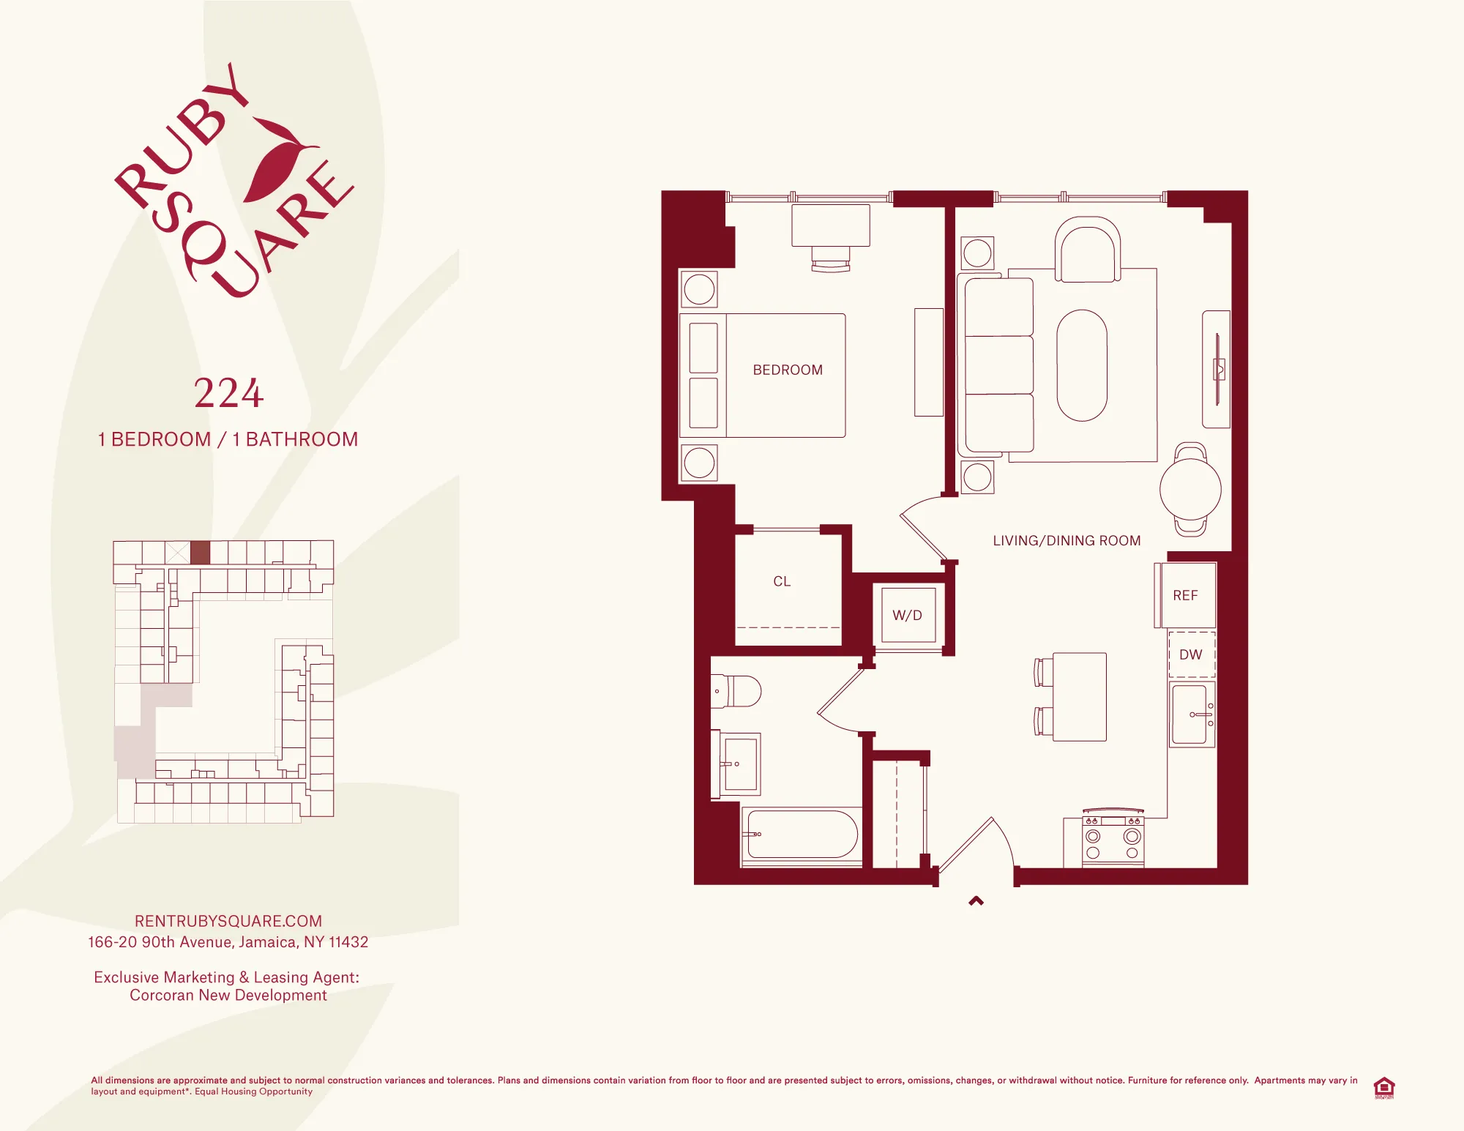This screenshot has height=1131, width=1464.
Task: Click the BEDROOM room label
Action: (788, 370)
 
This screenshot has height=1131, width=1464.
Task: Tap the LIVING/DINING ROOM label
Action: (1067, 540)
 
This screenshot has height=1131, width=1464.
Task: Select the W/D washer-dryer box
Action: (908, 616)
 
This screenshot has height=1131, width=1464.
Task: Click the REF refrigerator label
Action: (1185, 595)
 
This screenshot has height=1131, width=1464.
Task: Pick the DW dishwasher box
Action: (1191, 654)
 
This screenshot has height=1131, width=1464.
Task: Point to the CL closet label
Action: (782, 581)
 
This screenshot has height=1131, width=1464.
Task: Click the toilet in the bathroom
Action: (738, 691)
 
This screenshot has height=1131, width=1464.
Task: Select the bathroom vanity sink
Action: (740, 764)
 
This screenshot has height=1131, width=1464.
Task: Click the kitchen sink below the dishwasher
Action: (1191, 714)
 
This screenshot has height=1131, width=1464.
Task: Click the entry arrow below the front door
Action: (976, 901)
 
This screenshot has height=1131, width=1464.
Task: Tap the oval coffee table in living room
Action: (1081, 365)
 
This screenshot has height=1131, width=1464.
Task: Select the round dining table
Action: (1190, 490)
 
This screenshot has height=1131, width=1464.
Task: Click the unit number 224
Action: (228, 394)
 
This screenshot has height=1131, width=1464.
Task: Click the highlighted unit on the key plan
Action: (200, 552)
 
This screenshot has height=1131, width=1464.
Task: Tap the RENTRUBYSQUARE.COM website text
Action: (228, 921)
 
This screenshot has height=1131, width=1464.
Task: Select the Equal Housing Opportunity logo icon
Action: (1383, 1087)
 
